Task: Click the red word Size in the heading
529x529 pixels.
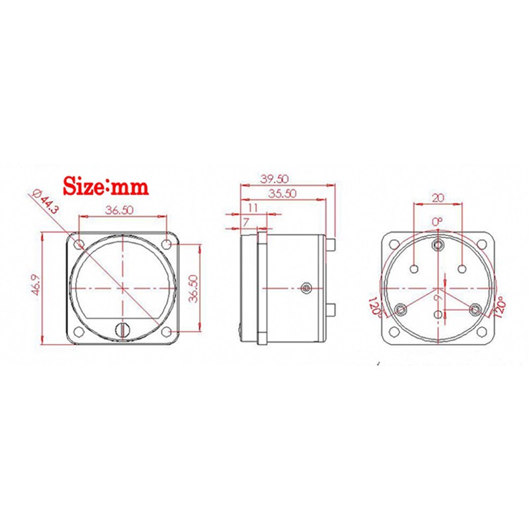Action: tap(83, 186)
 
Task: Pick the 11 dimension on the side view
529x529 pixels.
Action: tap(252, 208)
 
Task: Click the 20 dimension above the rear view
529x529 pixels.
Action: tap(438, 198)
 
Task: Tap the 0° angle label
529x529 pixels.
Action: tap(437, 221)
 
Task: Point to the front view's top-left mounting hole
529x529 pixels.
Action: tap(79, 245)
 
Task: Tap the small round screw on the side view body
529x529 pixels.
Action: tap(305, 288)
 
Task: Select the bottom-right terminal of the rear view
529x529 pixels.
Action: tap(474, 309)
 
